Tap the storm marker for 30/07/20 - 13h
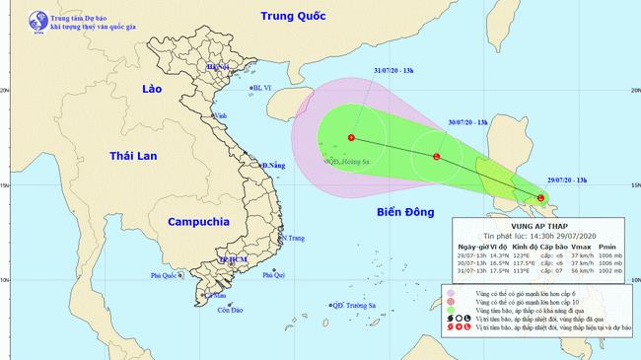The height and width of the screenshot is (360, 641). pyautogui.click(x=437, y=157)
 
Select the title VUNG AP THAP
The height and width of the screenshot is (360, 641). pyautogui.click(x=544, y=223)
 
